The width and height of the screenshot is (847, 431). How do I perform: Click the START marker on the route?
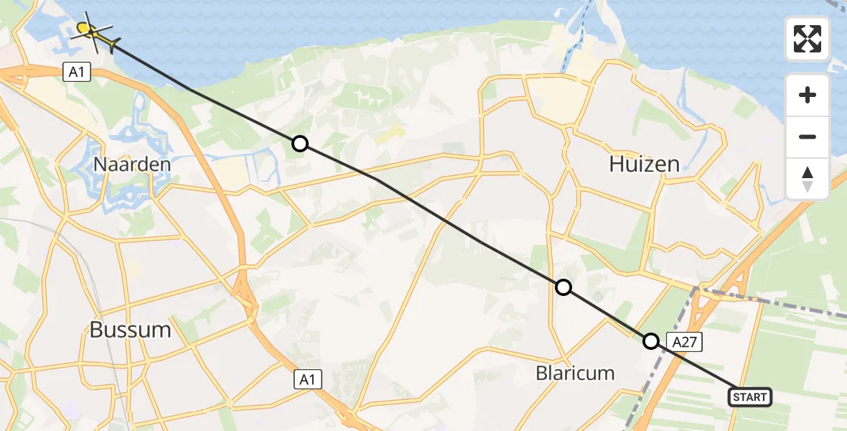[x=750, y=397]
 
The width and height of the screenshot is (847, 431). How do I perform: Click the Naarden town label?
[x=132, y=164]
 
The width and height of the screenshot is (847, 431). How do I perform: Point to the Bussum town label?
[x=131, y=330]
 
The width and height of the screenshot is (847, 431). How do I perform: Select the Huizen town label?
[x=644, y=164]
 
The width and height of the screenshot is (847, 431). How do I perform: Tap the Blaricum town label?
[x=575, y=373]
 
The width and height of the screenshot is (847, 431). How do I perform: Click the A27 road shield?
[x=684, y=343]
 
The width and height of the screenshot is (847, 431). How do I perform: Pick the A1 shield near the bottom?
[x=308, y=379]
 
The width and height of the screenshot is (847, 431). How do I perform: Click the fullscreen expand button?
[x=808, y=39]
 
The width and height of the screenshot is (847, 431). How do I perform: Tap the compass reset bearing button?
[x=808, y=179]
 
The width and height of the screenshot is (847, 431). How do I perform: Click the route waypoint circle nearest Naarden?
[x=300, y=144]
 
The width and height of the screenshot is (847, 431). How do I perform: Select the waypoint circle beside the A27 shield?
[x=650, y=341]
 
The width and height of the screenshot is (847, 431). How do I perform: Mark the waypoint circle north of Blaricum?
[x=563, y=287]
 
